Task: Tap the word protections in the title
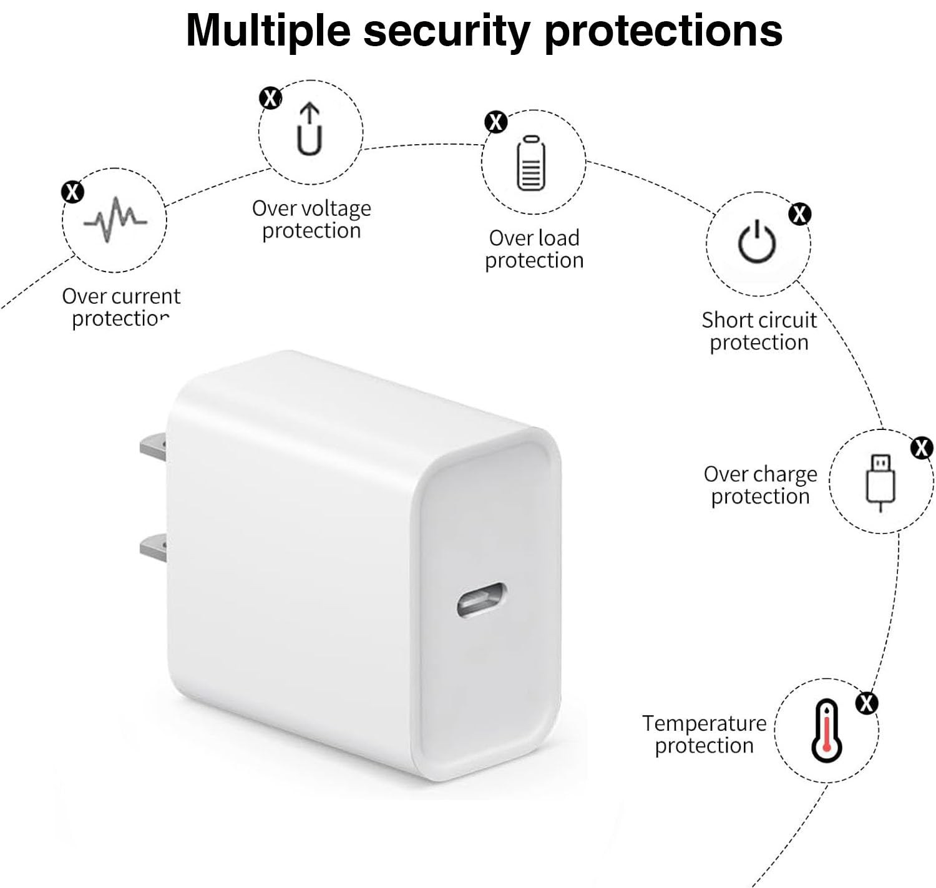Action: pos(663,30)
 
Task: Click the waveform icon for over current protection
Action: pos(115,220)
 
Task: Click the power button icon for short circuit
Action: pos(757,242)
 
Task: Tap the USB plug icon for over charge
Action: pos(880,481)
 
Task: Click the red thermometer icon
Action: pos(827,731)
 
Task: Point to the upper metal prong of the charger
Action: pos(153,446)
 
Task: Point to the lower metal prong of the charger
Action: pos(153,547)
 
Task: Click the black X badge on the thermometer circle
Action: pos(866,703)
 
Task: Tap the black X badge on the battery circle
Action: pos(496,122)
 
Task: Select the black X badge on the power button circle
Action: pos(799,214)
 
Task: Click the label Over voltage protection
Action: pos(311,219)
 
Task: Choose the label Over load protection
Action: pos(534,248)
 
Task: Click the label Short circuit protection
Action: pos(759,331)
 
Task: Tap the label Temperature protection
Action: pos(704,734)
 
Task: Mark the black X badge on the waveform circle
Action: pos(72,192)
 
